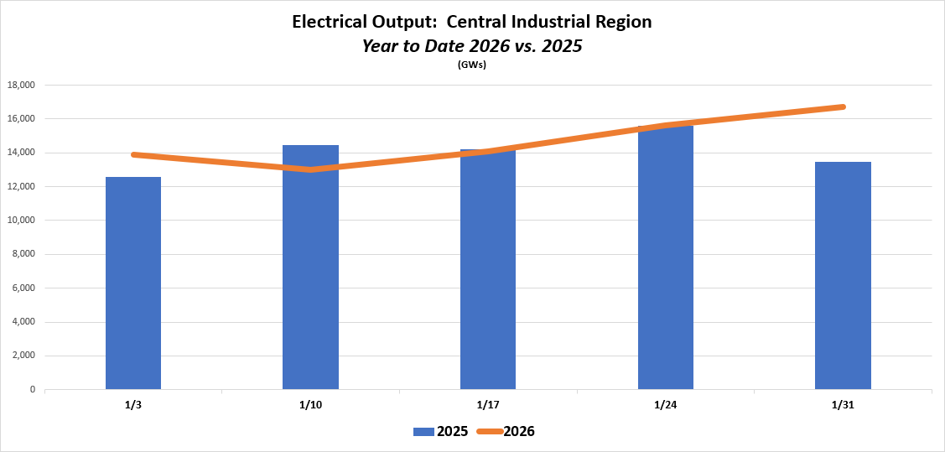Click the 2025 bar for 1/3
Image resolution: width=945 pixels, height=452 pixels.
133,283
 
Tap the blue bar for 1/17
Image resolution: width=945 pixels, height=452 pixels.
488,269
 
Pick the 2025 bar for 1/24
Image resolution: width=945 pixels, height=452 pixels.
665,257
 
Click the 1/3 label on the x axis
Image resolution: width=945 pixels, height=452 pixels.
133,405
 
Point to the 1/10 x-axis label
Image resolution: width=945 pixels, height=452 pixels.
310,405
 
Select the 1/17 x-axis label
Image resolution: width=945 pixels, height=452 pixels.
488,405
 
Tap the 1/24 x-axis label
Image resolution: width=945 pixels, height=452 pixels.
665,405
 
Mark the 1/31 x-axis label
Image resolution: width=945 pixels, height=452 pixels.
843,405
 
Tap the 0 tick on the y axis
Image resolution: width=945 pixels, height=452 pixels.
32,390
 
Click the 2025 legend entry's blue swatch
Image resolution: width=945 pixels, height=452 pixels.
423,432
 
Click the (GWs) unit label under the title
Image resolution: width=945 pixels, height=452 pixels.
472,65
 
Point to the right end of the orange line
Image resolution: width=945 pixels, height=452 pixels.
843,107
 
